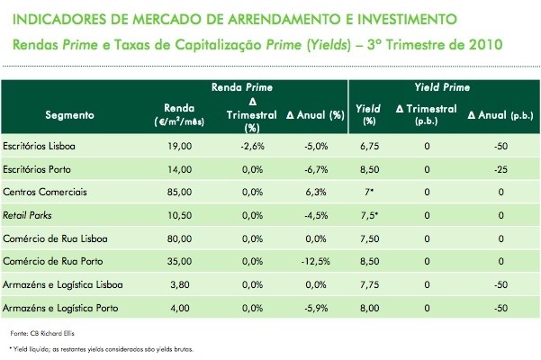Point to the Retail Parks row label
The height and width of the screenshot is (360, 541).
(27, 215)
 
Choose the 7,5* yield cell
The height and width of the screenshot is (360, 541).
(367, 215)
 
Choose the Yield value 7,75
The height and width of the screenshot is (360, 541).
(366, 284)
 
